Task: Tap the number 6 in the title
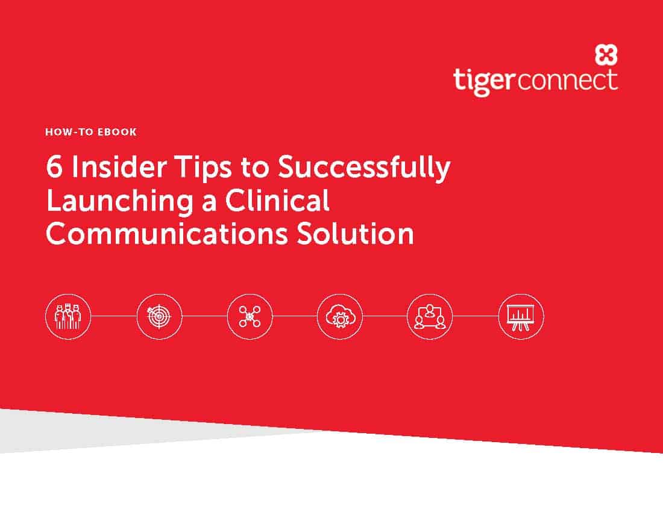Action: (54, 166)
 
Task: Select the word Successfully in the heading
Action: (364, 168)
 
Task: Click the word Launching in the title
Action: (120, 202)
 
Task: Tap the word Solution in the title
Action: (355, 234)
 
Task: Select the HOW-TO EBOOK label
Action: (91, 132)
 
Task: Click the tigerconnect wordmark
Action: (535, 81)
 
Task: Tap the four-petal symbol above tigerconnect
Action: (606, 55)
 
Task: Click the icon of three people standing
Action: (68, 316)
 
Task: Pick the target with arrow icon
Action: (159, 316)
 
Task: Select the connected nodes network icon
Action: (250, 316)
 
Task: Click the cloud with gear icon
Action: (339, 316)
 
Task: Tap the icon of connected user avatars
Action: (430, 316)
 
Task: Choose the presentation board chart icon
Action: (521, 316)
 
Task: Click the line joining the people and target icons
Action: (114, 316)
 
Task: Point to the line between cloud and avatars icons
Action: (385, 316)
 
